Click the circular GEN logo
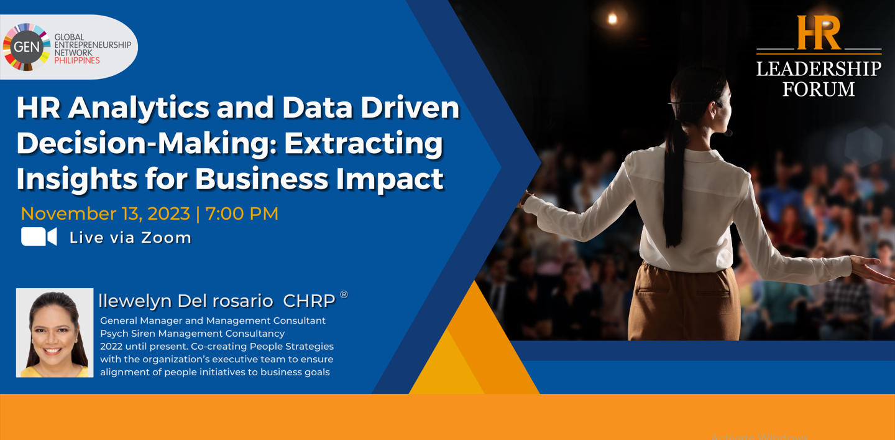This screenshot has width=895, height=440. tap(26, 47)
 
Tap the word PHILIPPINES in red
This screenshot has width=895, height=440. tap(77, 61)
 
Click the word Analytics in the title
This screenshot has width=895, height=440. tap(138, 108)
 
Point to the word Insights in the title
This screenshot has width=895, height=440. tap(76, 179)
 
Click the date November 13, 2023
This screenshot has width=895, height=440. tap(105, 213)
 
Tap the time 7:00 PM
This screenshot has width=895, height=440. tap(242, 213)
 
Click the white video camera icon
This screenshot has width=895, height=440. tap(39, 236)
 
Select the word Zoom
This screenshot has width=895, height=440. tap(166, 238)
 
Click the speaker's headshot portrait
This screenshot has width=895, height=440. tap(55, 333)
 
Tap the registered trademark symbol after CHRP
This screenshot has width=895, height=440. tap(344, 295)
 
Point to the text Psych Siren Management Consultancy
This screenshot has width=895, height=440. tap(192, 334)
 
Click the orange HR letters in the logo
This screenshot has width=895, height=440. tap(819, 32)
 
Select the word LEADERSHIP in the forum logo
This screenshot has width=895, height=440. tap(819, 69)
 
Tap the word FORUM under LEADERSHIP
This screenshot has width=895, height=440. tap(819, 89)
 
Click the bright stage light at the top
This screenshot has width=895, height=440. tap(612, 19)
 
